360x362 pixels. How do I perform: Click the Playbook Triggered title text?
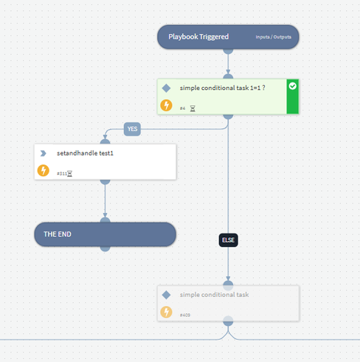coord(198,37)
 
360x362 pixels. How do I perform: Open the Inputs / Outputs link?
coord(273,37)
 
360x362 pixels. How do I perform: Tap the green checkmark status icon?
coord(293,86)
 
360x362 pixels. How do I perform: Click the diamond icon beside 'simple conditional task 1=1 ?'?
coord(166,88)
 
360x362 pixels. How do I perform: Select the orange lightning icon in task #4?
coord(166,105)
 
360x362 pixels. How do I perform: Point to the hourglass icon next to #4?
coord(193,108)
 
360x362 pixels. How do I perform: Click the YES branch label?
coord(132,129)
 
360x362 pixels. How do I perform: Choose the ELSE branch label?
coord(228,240)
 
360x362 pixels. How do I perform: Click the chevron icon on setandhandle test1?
coord(43,153)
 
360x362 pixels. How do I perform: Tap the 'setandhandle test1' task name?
coord(85,153)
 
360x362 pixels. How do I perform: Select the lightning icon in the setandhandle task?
coord(44,170)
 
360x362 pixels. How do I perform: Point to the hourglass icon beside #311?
coord(70,174)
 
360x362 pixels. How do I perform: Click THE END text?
coord(58,234)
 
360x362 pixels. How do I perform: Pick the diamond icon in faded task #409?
coord(166,295)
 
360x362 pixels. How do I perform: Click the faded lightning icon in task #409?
coord(166,312)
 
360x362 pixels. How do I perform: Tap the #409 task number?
coord(185,315)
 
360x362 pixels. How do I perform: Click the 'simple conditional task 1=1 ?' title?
coord(223,88)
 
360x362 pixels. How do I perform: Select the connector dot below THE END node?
coord(105,248)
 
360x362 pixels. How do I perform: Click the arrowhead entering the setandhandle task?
coord(105,137)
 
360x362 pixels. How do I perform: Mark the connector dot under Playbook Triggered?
coord(228,51)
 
